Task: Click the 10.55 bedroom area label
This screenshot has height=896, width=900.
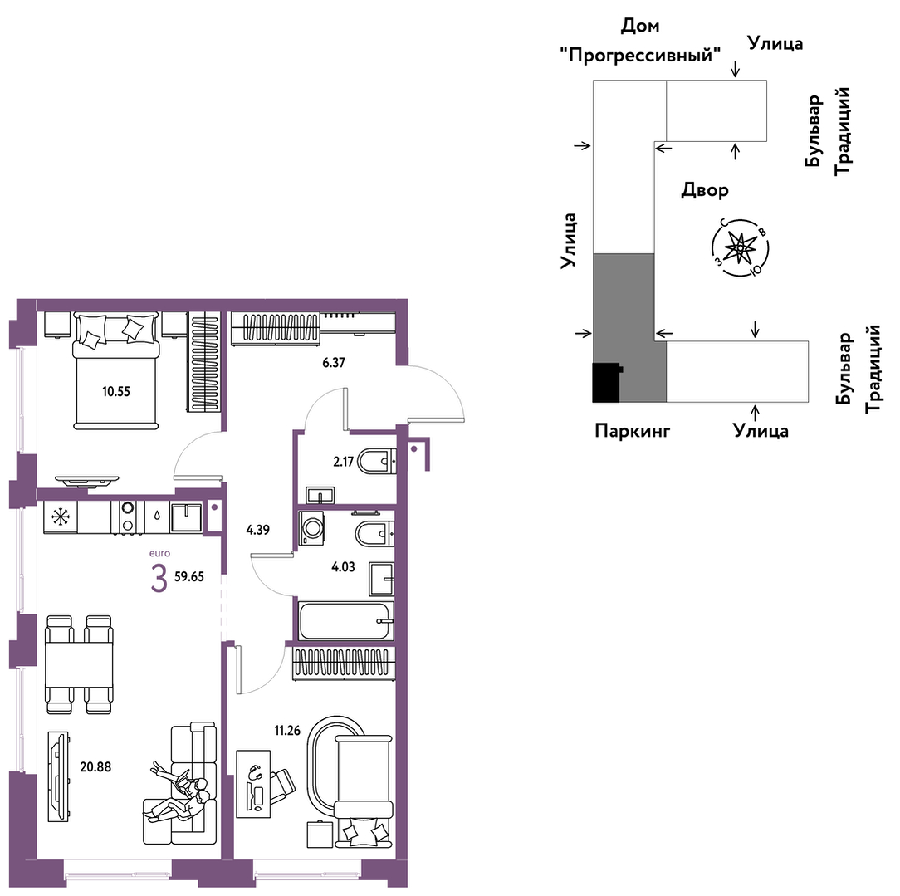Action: [116, 392]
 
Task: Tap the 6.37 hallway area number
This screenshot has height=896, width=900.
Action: [334, 363]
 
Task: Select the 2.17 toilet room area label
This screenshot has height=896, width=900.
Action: [343, 462]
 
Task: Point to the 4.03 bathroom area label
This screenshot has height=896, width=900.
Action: [343, 567]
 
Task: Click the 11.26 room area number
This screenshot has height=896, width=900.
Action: [287, 731]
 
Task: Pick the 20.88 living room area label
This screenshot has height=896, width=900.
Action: [95, 766]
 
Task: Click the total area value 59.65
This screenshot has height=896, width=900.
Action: [188, 577]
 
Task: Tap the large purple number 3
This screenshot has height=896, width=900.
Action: [159, 579]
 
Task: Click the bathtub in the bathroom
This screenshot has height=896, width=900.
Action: [346, 620]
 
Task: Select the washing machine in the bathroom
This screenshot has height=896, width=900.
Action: [311, 528]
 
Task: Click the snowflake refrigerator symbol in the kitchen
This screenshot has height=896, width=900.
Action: [61, 517]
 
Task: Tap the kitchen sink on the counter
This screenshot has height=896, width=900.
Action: [186, 517]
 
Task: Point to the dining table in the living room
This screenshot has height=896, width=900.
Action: [79, 664]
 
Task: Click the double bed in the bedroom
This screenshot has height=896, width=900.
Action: [115, 370]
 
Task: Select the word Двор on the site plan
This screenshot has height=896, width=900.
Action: [705, 190]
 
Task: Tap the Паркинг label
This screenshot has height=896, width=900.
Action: [633, 430]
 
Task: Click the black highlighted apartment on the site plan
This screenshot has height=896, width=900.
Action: [606, 383]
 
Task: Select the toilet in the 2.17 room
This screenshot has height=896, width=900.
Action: [376, 461]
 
